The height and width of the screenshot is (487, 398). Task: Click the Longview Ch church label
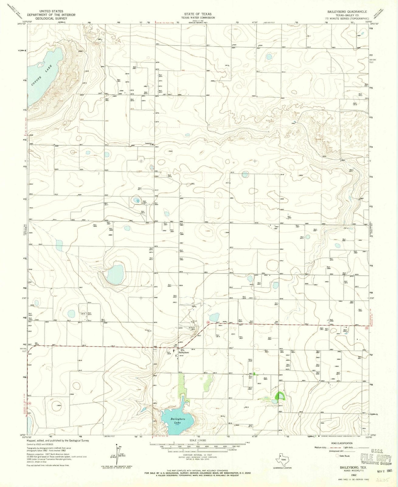148,145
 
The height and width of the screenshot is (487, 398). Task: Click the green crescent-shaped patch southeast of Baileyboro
279,396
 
